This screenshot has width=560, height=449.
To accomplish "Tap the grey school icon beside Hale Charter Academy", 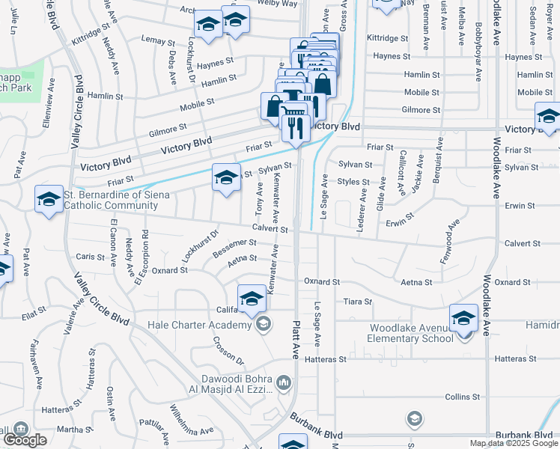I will [262, 323].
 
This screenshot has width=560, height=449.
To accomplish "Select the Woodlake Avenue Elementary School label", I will [410, 333].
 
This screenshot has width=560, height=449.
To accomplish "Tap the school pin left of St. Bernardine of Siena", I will [49, 200].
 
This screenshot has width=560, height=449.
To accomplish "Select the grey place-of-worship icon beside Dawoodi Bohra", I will [283, 384].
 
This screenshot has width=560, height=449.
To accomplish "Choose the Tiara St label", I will [357, 302].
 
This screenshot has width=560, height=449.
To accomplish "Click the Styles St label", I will [353, 182].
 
